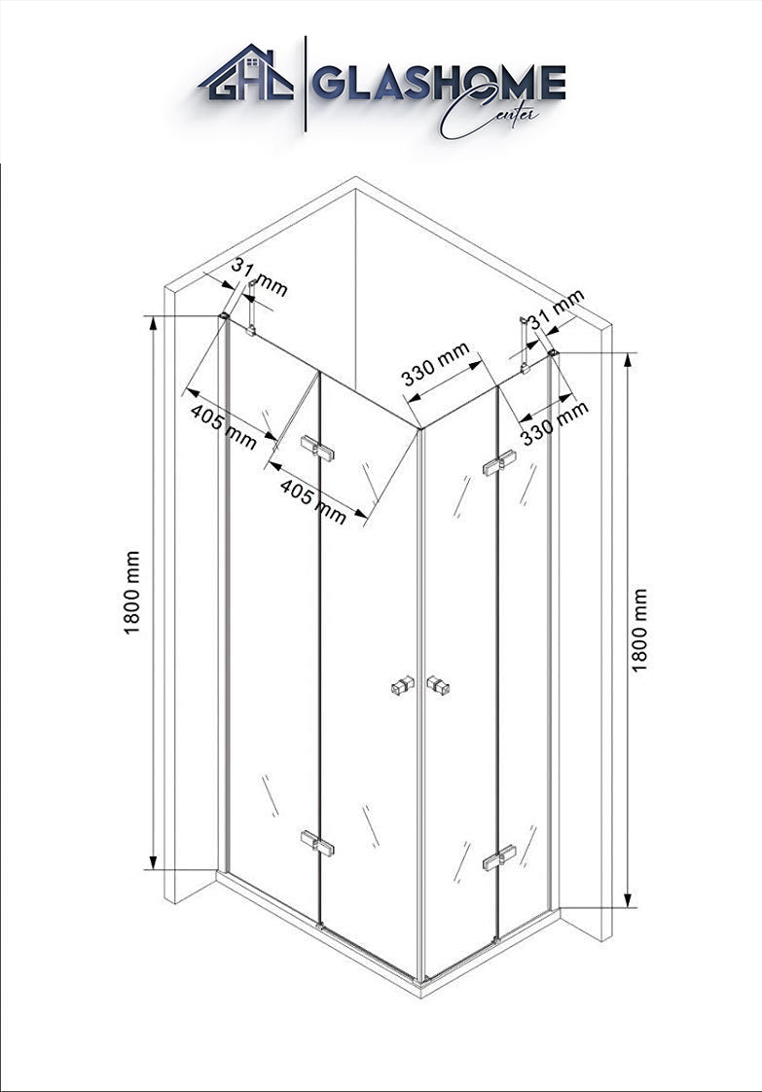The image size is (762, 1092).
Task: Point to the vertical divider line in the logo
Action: click(x=306, y=84)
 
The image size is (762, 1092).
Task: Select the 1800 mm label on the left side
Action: click(x=132, y=593)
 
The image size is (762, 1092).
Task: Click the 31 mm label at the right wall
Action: click(x=556, y=309)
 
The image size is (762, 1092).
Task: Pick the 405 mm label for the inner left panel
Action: click(x=313, y=501)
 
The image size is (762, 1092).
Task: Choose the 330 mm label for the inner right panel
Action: click(x=435, y=365)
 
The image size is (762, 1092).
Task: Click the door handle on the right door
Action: click(x=439, y=685)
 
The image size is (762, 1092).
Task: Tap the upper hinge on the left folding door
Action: click(x=317, y=448)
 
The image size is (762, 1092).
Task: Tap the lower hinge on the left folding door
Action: click(x=317, y=843)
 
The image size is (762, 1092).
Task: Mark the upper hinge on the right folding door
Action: click(x=498, y=465)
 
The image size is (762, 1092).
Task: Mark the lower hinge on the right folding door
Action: click(x=498, y=857)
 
